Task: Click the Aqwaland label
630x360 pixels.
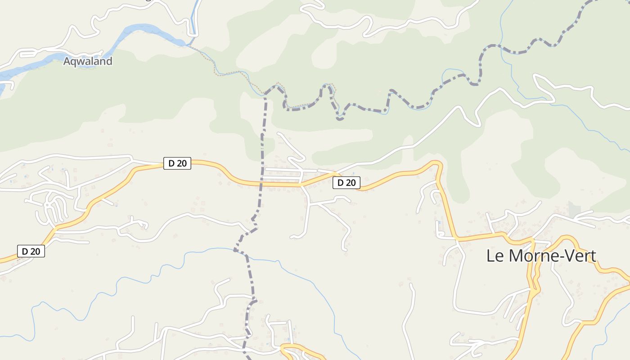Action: pyautogui.click(x=87, y=61)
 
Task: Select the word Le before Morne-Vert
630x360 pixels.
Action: pyautogui.click(x=493, y=256)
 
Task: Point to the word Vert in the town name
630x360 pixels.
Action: pyautogui.click(x=580, y=256)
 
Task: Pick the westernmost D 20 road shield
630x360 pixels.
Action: pyautogui.click(x=31, y=251)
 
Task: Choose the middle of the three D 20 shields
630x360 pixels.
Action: pyautogui.click(x=177, y=163)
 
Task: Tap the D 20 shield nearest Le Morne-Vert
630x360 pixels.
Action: pyautogui.click(x=346, y=183)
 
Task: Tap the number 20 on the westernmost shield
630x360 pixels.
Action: pyautogui.click(x=36, y=251)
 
